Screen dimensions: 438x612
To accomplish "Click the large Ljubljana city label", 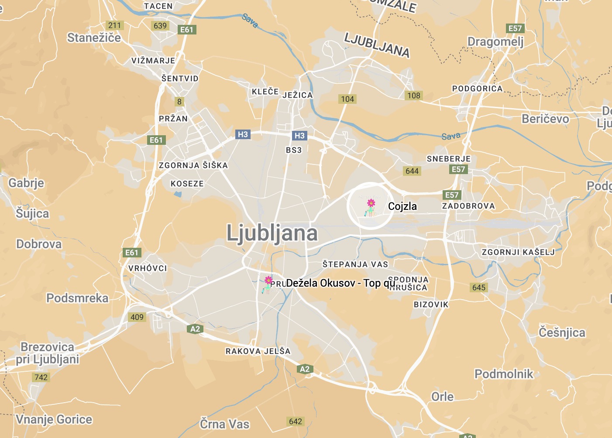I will coord(272,233).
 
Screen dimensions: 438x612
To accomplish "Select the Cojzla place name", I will coord(402,206).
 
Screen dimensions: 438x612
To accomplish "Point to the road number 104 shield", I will coord(347,99).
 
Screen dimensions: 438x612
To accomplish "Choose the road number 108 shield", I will coord(414,96).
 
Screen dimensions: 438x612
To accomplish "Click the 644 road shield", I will coord(412,171).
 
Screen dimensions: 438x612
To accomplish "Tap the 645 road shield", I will coord(479,287).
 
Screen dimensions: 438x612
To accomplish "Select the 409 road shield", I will coord(137,317).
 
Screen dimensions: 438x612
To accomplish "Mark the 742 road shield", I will coord(41,377).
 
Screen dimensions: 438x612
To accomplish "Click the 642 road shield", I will coord(296,421).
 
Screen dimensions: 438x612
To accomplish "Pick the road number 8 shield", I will coord(179,102).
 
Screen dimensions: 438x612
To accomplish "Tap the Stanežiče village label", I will coord(94,38).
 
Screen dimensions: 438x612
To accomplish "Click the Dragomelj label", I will coord(495,42).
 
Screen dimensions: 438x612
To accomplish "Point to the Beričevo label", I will coord(545,119).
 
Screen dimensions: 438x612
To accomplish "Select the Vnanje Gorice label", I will coord(54,420).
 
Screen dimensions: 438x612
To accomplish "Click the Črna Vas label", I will coord(225,424).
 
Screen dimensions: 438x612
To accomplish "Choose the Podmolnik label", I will coord(504,374).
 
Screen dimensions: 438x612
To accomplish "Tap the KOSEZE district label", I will coord(187,184).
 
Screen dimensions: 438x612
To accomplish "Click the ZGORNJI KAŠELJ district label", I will coord(518,252).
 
